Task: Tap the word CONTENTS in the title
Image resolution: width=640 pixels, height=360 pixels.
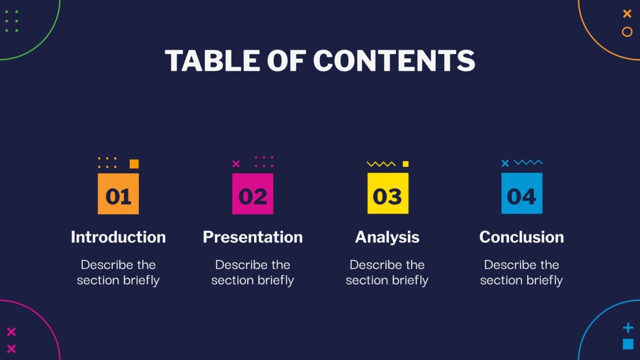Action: (394, 61)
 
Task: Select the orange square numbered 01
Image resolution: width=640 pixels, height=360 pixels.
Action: (118, 194)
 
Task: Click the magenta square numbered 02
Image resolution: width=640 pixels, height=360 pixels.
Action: (253, 194)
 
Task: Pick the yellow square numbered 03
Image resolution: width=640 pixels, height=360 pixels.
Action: (387, 194)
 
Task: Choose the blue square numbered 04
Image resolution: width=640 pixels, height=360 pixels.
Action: (521, 193)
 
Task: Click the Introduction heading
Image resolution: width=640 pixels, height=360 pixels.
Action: (118, 237)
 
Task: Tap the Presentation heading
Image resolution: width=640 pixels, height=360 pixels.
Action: (253, 237)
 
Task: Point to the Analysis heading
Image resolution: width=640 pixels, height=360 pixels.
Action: (387, 237)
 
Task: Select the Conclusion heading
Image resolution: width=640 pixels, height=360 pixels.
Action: (521, 237)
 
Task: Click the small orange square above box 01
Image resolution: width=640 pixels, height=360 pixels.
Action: (134, 164)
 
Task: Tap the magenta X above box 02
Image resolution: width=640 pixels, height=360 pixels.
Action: (236, 164)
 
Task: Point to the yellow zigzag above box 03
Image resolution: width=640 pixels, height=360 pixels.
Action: (381, 164)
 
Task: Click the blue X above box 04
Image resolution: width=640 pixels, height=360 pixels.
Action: (505, 164)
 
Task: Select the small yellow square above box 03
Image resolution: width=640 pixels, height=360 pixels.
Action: (406, 164)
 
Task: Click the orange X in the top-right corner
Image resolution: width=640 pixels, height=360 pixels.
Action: (627, 14)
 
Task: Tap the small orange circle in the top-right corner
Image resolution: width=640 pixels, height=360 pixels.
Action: (627, 32)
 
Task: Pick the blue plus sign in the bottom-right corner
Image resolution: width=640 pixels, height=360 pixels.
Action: (628, 328)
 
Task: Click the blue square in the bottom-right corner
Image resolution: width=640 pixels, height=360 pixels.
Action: (628, 344)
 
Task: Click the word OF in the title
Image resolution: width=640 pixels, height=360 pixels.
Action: (285, 61)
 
